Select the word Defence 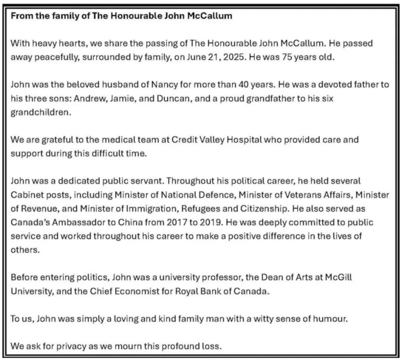[214, 195]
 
